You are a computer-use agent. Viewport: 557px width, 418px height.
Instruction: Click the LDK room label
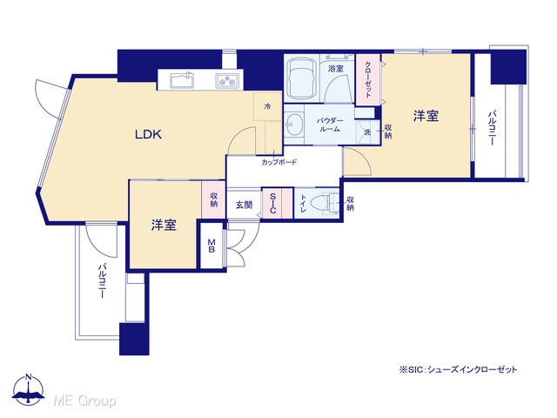149,134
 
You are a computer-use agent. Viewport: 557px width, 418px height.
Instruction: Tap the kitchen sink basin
182,80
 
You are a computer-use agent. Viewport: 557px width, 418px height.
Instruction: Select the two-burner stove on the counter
227,81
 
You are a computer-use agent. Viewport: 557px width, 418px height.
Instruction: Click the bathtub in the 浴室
301,78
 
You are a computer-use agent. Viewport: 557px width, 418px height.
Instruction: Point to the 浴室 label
336,68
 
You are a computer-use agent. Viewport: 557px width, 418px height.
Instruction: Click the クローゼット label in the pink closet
368,79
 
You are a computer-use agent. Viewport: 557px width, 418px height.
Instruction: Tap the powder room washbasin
294,125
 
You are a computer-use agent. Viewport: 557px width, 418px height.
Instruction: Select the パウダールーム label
330,125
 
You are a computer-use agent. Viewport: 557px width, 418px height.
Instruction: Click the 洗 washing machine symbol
367,131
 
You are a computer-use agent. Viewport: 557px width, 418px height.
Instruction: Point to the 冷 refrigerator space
267,106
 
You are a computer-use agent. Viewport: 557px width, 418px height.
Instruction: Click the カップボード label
279,163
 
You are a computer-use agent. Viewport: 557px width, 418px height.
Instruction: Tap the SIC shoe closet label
272,203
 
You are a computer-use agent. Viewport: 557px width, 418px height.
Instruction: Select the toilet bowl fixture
325,204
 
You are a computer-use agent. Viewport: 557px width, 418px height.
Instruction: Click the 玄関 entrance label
244,205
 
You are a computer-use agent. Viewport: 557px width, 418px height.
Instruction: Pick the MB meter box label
211,246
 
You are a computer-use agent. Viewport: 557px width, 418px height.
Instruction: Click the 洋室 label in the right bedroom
426,116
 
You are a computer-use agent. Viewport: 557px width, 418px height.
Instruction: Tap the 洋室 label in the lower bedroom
164,225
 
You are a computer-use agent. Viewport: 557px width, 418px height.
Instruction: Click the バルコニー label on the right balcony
492,128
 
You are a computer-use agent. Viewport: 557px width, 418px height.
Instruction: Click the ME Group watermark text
84,401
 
